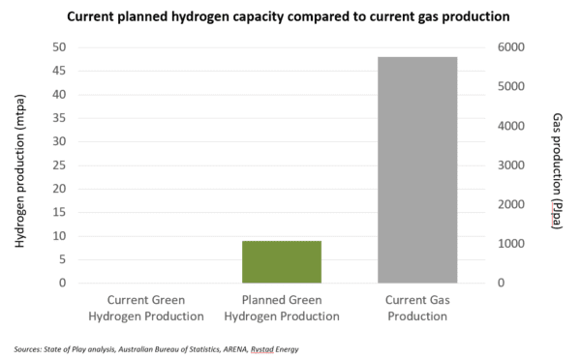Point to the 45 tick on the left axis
[x=58, y=71]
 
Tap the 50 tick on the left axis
[x=58, y=47]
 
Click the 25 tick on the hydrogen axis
[x=58, y=165]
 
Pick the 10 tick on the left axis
[x=58, y=236]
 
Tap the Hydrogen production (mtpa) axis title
[x=20, y=165]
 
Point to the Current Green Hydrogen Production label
[x=155, y=308]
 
